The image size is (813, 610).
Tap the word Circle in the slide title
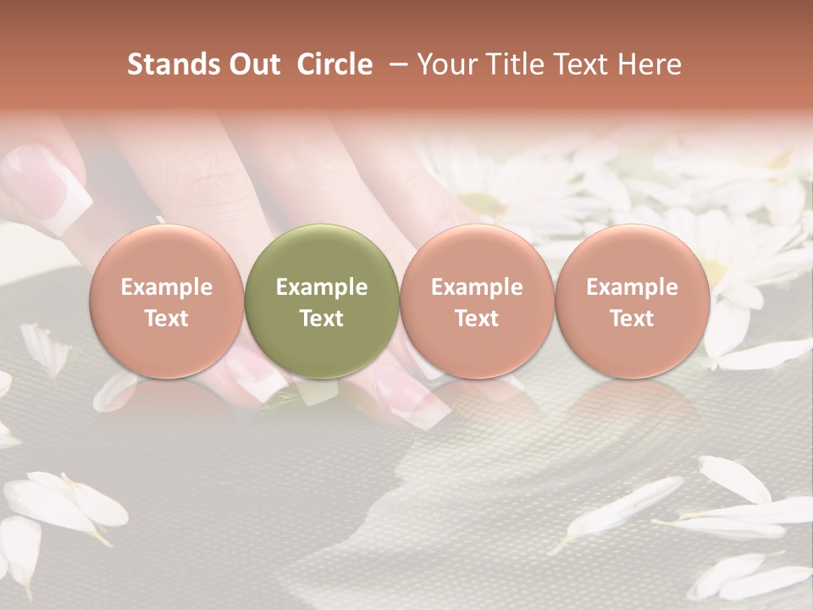335,64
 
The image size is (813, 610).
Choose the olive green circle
322,302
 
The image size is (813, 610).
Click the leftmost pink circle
167,302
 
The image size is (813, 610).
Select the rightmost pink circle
632,302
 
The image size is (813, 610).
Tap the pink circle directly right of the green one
477,302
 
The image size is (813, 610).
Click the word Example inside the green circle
322,287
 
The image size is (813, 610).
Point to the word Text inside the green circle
322,319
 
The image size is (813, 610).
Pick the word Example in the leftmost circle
167,287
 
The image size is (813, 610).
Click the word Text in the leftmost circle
167,319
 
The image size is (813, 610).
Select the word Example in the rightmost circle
632,287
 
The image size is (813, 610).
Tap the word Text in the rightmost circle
632,319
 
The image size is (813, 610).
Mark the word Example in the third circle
477,287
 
